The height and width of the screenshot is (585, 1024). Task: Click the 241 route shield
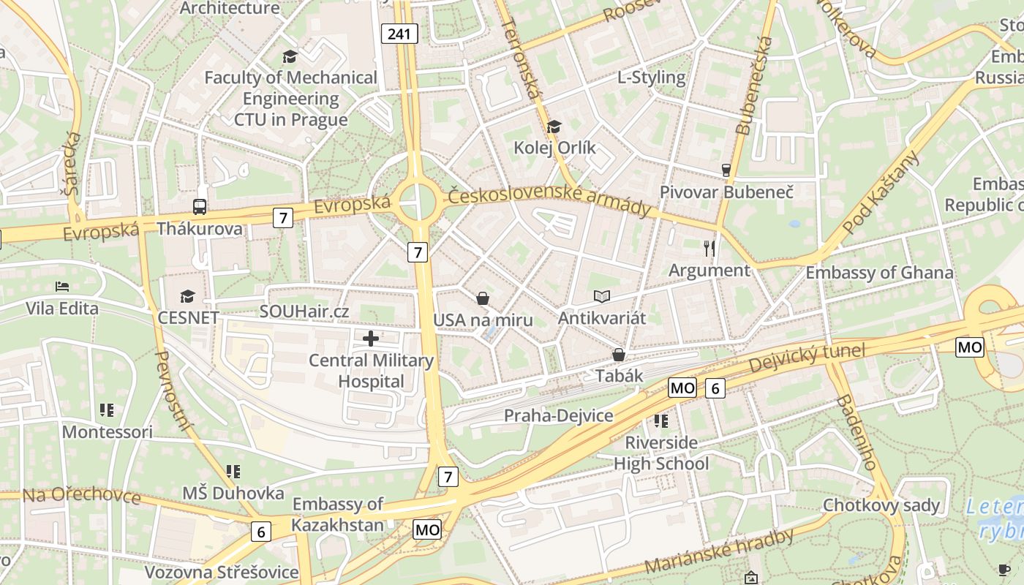[x=399, y=33]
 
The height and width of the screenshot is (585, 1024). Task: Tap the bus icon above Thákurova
[x=200, y=206]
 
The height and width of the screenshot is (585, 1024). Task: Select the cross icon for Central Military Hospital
[x=371, y=339]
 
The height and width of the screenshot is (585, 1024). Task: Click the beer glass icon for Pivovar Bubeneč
[x=726, y=170]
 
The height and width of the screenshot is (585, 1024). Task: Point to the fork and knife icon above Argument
[x=709, y=249]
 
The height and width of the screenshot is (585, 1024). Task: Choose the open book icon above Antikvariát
[x=602, y=296]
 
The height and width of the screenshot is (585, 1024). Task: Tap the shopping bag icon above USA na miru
[x=483, y=298]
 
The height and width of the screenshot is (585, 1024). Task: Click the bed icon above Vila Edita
[x=62, y=286]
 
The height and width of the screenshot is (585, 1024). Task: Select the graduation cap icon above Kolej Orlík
[x=554, y=127]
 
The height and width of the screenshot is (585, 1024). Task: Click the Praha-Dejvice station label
[x=558, y=416]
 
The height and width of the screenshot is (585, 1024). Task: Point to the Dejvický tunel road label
[x=807, y=358]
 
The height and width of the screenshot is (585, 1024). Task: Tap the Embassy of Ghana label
[x=879, y=273]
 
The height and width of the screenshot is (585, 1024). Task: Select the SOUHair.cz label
[x=304, y=312]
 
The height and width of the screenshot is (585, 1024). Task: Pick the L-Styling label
[x=652, y=78]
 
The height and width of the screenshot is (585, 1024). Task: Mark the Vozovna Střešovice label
[x=221, y=572]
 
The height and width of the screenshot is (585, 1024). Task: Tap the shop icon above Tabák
[x=619, y=355]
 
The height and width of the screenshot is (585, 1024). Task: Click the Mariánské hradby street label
[x=720, y=551]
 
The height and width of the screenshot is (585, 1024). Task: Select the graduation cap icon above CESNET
[x=188, y=296]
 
